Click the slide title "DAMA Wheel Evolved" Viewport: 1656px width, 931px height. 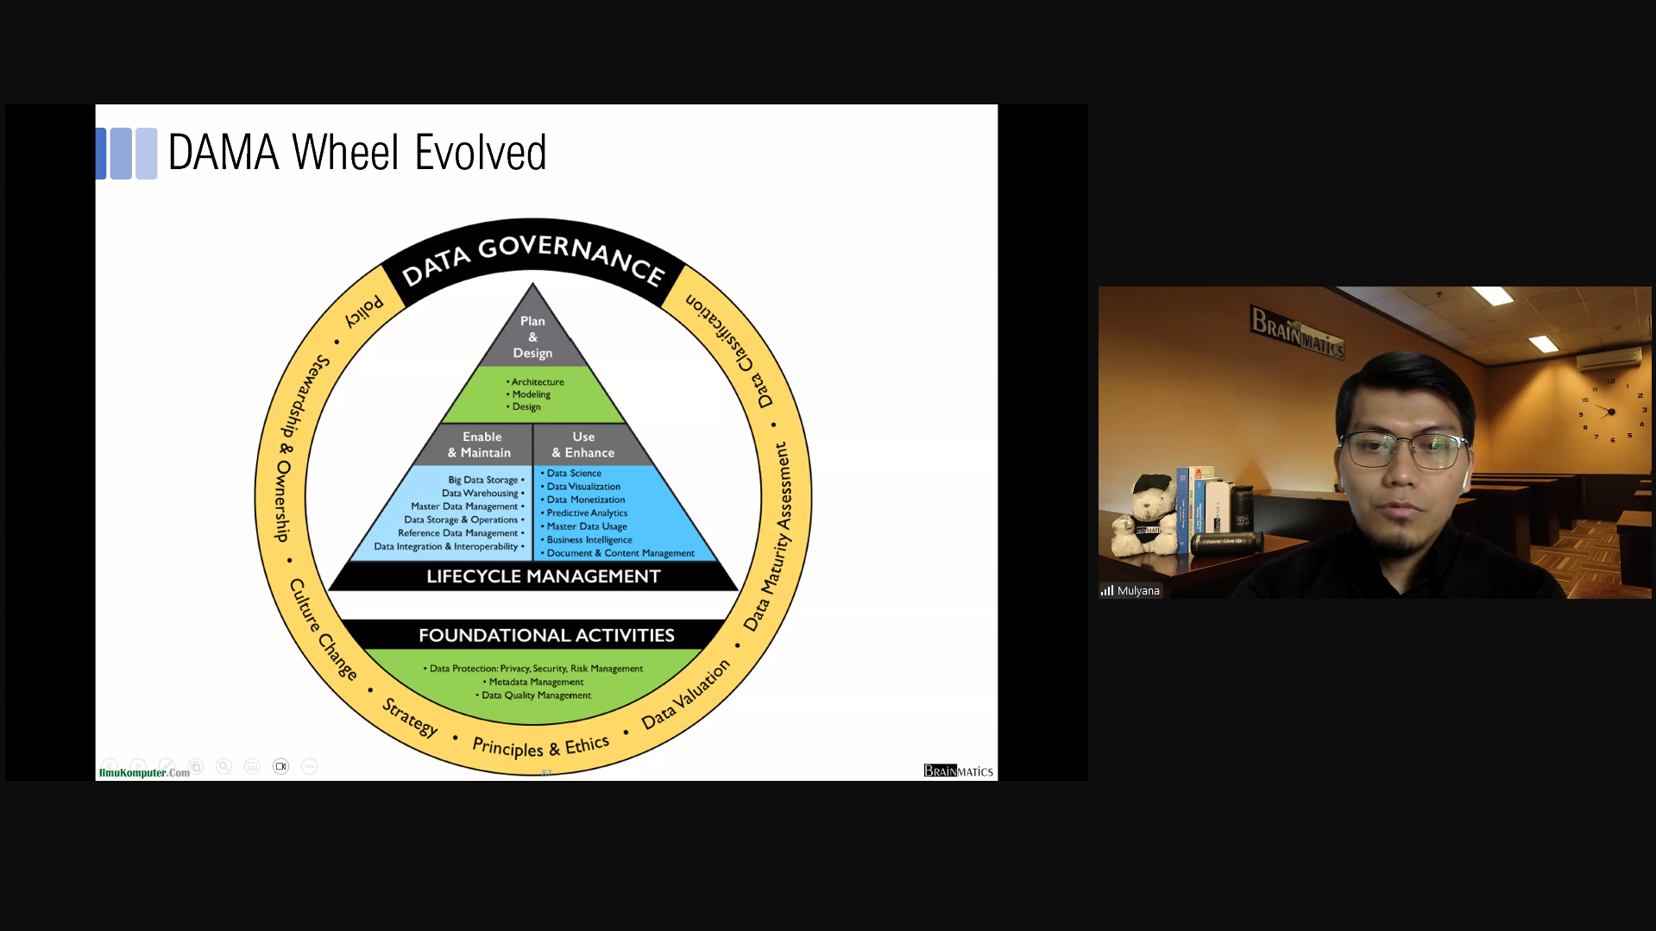(x=356, y=153)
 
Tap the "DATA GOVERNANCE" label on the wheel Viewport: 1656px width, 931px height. (x=532, y=257)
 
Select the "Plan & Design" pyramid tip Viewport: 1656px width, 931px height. (x=532, y=337)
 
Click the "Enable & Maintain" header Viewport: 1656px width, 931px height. (x=480, y=444)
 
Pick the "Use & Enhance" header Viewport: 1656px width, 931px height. (x=583, y=444)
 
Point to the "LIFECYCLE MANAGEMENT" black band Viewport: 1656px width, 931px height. (x=543, y=576)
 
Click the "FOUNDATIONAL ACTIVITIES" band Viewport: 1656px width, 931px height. (x=546, y=636)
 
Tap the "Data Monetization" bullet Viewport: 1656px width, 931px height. (x=585, y=500)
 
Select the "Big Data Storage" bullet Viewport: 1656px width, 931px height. (x=483, y=480)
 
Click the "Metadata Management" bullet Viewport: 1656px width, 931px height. (x=536, y=682)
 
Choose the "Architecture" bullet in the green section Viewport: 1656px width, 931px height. (x=537, y=381)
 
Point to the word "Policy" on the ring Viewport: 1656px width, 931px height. (x=364, y=311)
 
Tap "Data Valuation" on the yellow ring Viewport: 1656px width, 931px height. (x=685, y=695)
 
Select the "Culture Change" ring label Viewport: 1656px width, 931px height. (x=323, y=629)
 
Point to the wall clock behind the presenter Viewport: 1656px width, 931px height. (x=1611, y=411)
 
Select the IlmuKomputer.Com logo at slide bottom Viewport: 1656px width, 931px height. (x=144, y=772)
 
